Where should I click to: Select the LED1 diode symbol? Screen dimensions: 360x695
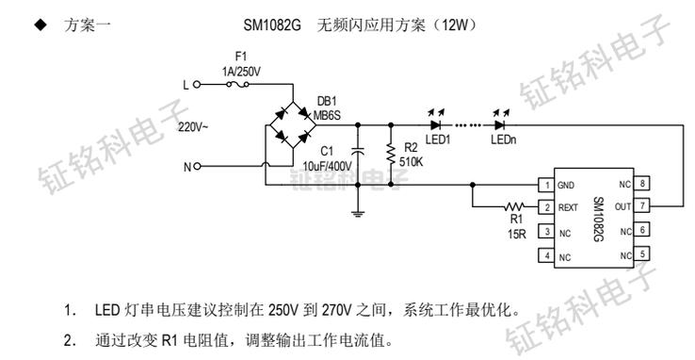(435, 123)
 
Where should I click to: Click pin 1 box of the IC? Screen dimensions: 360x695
(543, 185)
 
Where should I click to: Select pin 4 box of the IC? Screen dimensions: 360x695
(543, 254)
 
